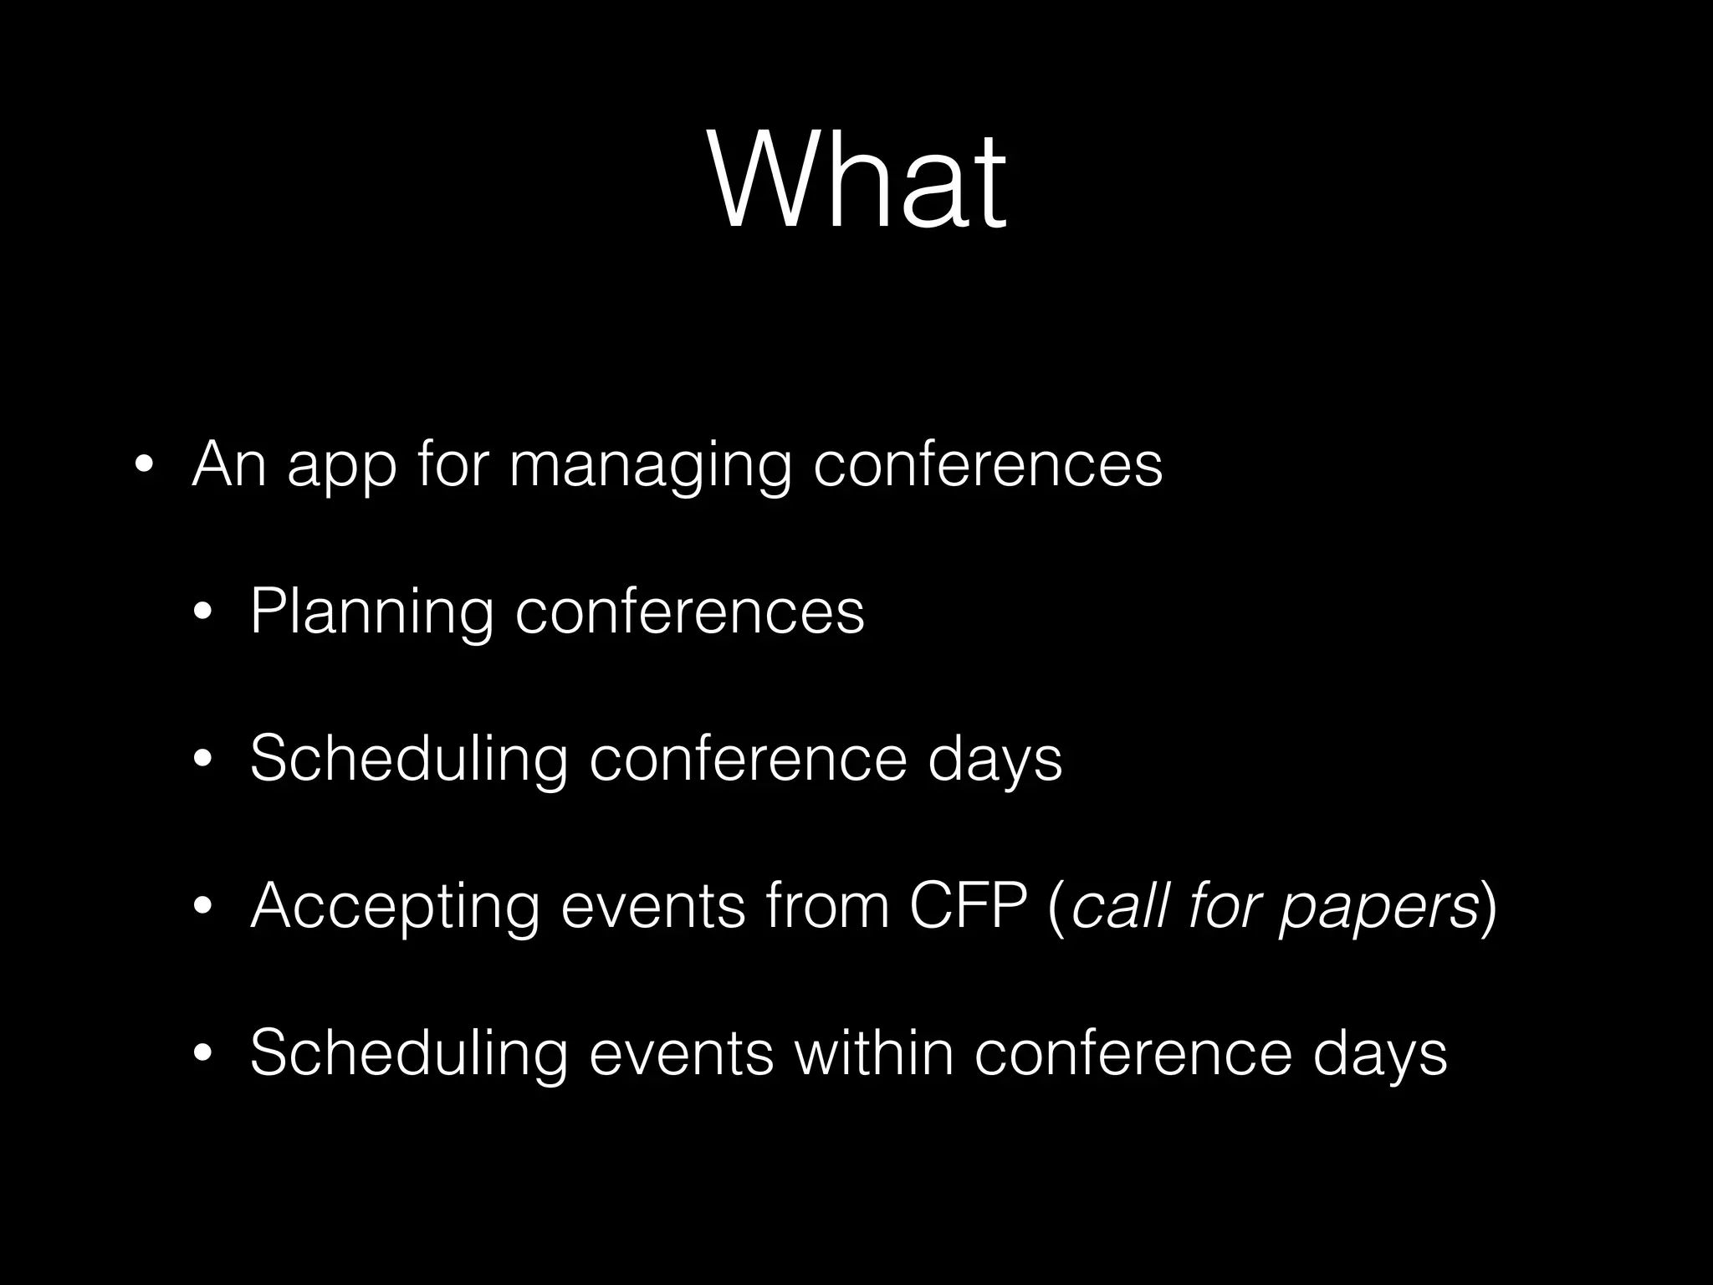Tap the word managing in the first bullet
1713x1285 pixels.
coord(649,465)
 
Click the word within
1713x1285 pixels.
coord(874,1052)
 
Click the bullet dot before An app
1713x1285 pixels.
coord(144,467)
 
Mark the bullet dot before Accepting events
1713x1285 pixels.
coord(202,907)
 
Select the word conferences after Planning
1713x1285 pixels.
coord(689,612)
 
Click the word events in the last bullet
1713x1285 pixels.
coord(681,1052)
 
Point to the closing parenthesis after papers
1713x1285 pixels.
coord(1488,907)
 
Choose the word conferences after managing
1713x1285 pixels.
coord(988,465)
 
